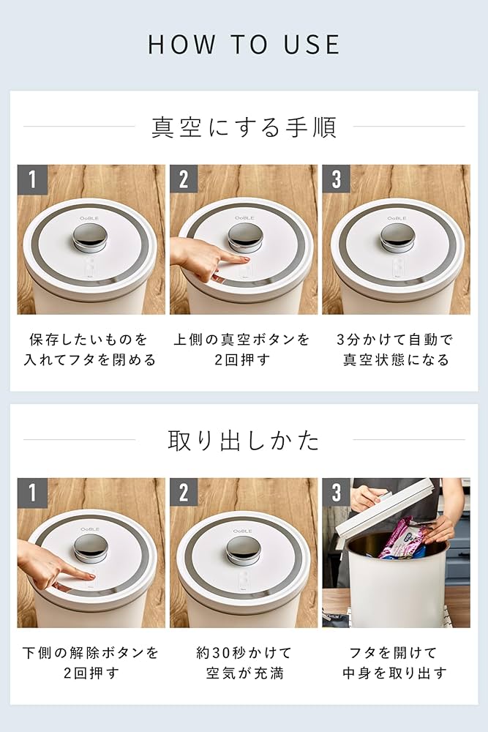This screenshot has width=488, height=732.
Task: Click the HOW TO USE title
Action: coord(244,44)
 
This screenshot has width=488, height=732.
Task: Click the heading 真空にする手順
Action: coord(244,127)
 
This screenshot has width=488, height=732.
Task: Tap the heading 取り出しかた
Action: coord(244,440)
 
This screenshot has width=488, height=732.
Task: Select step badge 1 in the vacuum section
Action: coord(31,179)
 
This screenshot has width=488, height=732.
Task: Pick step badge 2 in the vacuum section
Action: coord(184,179)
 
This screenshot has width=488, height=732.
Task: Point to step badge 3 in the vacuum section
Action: coord(336,179)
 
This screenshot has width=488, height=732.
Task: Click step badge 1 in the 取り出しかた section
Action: coord(31,492)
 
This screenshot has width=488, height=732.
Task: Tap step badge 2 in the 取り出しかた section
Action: coord(184,492)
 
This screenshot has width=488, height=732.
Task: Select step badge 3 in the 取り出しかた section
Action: coord(336,492)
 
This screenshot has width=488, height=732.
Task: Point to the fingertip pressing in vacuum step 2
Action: coord(242,259)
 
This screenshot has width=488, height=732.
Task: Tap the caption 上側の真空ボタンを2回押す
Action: coord(242,350)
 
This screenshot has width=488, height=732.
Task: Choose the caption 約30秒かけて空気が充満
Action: coord(244,662)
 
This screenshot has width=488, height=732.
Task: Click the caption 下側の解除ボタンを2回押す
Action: coord(91,662)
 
